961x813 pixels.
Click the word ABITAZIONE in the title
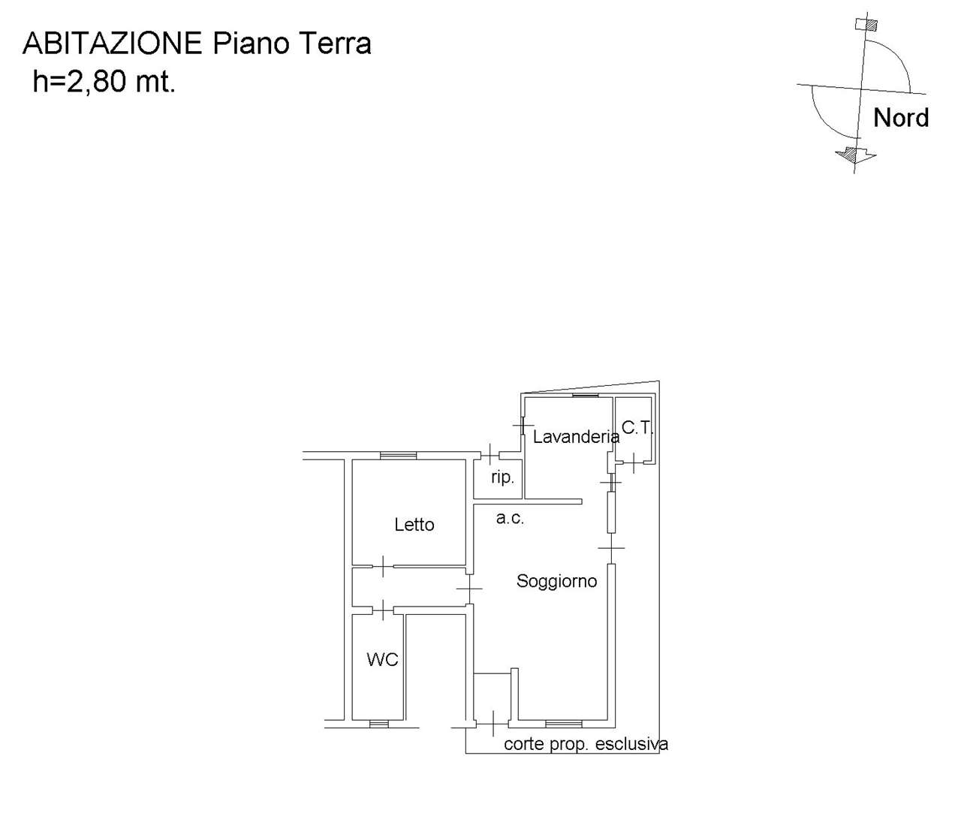[x=113, y=44]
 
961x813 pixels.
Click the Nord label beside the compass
[x=901, y=118]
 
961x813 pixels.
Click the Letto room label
[x=414, y=525]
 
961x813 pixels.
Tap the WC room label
[x=382, y=660]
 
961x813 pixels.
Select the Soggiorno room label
[x=556, y=582]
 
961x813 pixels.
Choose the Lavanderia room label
[x=576, y=436]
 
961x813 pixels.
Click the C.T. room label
[x=637, y=428]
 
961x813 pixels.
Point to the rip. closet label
[x=502, y=477]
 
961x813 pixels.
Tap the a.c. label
[x=510, y=518]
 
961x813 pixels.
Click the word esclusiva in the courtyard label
[x=631, y=744]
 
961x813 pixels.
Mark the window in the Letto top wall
[x=398, y=456]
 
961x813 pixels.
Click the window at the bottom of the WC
[x=378, y=724]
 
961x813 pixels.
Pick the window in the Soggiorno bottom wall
[x=564, y=724]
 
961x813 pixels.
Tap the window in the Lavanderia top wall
[x=585, y=395]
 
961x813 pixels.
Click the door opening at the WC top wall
[x=383, y=610]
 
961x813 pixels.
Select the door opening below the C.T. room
[x=634, y=462]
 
